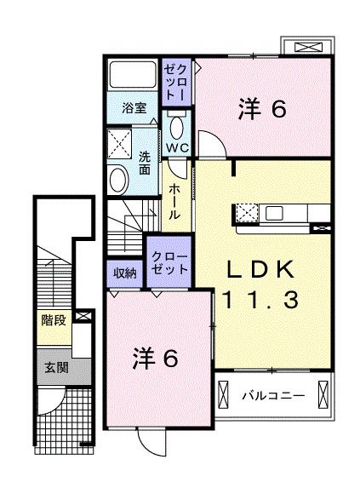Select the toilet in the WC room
[x=177, y=127]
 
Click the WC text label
[x=176, y=147]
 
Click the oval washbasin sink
[x=117, y=179]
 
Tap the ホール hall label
[x=174, y=202]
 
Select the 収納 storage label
[x=124, y=273]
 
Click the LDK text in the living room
[x=260, y=270]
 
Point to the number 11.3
[x=260, y=300]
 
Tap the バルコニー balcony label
[x=271, y=396]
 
